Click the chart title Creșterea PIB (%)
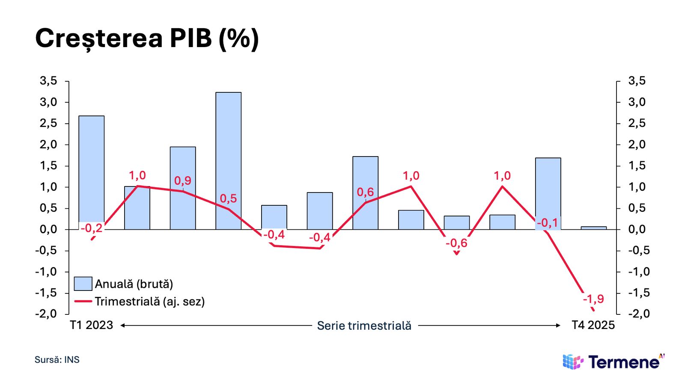pos(147,38)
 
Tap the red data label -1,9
pos(593,299)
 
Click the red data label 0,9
pos(183,181)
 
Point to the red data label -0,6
pos(456,243)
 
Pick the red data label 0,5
pos(228,198)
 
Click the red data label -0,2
pos(92,228)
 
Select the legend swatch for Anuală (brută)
pos(83,284)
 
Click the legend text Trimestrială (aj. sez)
pos(149,302)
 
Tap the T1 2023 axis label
pos(92,326)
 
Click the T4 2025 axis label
pos(593,326)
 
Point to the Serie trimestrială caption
pos(364,326)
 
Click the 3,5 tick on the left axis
pos(48,81)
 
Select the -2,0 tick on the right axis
pos(638,314)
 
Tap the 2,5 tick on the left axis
pos(48,123)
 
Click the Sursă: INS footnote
pos(57,360)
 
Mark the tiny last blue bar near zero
pos(593,228)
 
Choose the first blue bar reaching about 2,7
pos(92,171)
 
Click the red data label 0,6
pos(365,192)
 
